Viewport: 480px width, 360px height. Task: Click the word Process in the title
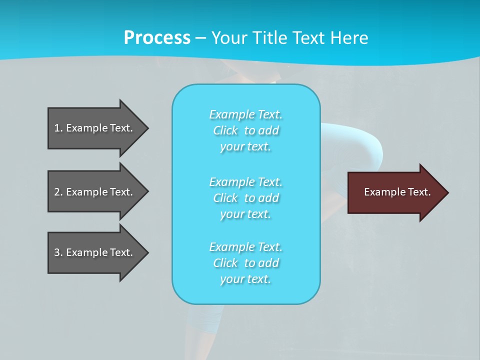coord(157,38)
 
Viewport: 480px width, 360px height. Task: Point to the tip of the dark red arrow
coord(447,192)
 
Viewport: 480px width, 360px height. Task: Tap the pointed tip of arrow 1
coord(147,128)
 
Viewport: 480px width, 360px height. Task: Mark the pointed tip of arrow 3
coord(147,252)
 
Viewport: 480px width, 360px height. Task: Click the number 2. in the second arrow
coord(58,192)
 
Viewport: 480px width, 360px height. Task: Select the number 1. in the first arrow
coord(58,128)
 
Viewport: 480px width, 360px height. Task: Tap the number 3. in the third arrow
coord(58,252)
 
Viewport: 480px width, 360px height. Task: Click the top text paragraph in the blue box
coord(245,130)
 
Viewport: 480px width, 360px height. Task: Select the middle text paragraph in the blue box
coord(245,198)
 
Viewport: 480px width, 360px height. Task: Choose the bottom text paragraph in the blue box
coord(245,263)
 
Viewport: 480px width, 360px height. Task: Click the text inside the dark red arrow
coord(397,192)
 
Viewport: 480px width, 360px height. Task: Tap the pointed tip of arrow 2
coord(147,192)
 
